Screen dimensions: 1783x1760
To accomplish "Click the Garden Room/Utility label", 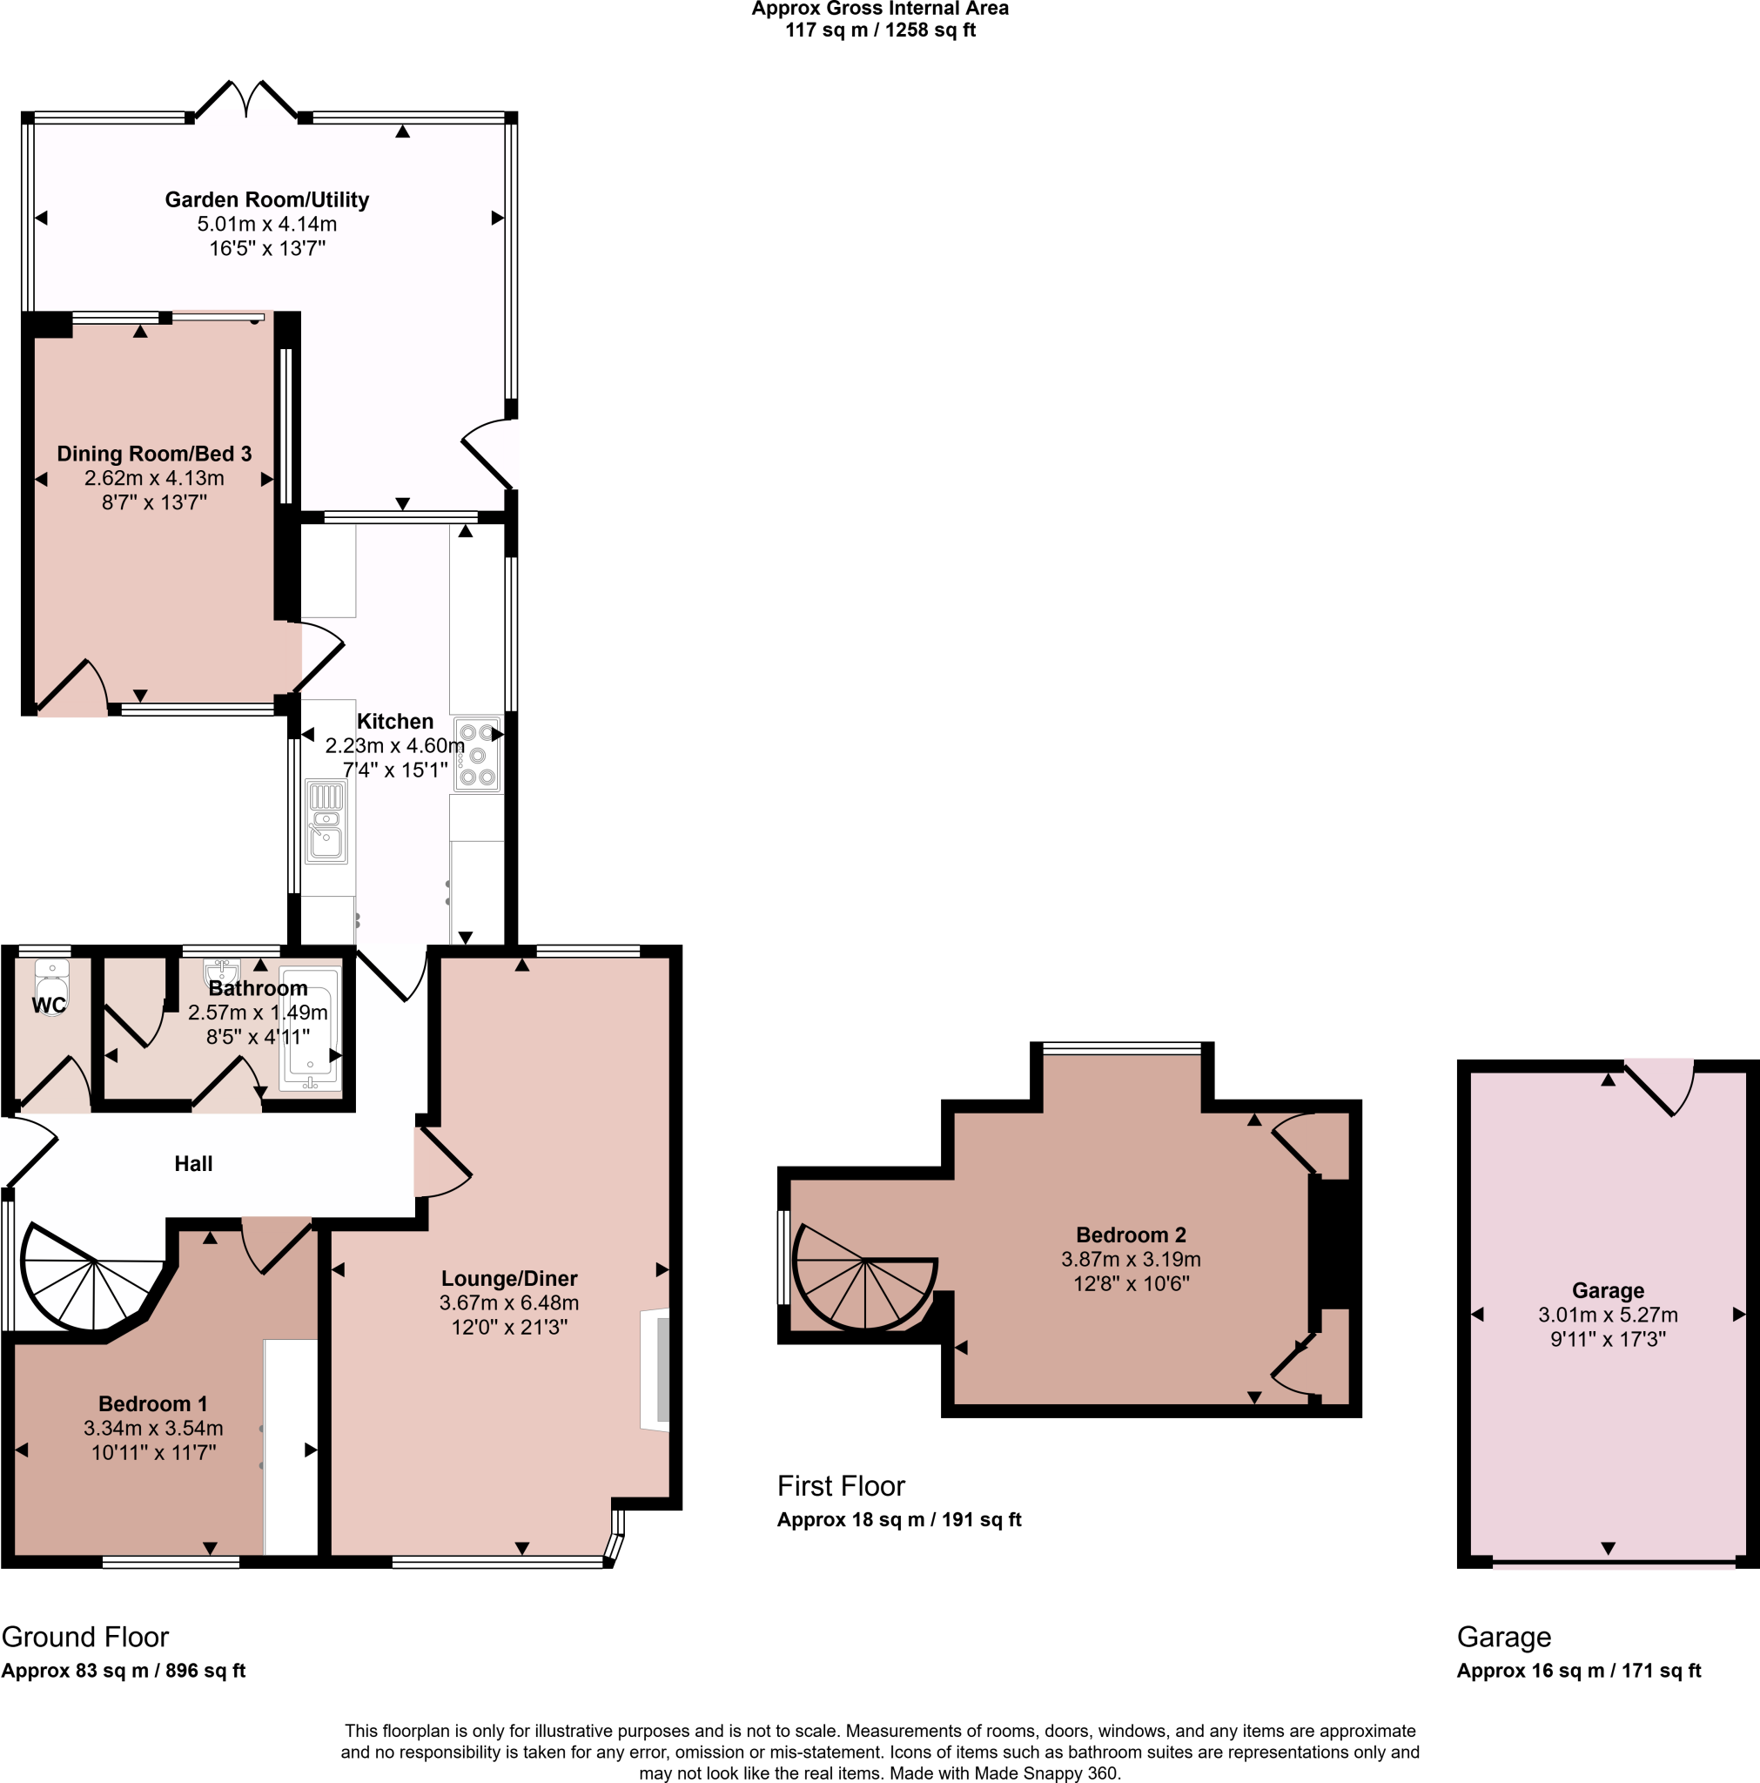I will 266,199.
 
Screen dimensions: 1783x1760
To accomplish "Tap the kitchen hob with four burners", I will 477,755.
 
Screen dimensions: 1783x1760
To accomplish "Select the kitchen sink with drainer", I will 326,821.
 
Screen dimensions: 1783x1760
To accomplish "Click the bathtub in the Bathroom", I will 310,1026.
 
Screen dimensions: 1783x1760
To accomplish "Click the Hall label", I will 193,1164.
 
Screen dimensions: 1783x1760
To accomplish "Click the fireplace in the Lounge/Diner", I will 656,1369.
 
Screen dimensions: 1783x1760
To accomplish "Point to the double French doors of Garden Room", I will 246,99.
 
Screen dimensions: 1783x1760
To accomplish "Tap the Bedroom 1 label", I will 152,1403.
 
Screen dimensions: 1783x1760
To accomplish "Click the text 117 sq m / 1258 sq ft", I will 879,30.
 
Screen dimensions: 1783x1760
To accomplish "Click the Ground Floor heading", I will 85,1638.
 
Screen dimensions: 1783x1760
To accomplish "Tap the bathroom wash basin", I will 221,971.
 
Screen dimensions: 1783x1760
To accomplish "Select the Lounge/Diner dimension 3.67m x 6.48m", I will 508,1302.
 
